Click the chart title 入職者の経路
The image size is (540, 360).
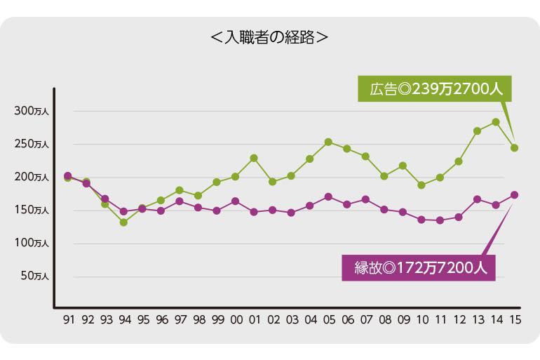tap(269, 36)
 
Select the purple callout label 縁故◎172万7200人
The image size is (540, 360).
tap(418, 267)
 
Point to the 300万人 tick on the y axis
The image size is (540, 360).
tap(32, 111)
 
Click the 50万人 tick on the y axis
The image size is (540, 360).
tap(34, 276)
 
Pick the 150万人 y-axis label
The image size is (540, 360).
tap(32, 210)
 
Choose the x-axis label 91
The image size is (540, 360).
tap(68, 319)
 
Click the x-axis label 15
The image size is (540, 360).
tap(514, 319)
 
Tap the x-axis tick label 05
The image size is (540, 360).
tap(328, 319)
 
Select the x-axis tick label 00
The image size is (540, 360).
tap(236, 319)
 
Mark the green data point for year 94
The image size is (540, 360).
tap(123, 222)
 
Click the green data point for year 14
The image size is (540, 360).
tap(496, 122)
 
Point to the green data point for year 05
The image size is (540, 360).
tap(328, 142)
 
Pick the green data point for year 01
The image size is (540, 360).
tap(254, 158)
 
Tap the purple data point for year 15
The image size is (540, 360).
tap(514, 194)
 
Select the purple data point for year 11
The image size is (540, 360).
tap(440, 220)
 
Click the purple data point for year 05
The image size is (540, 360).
tap(328, 196)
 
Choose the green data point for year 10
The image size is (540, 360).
tap(421, 185)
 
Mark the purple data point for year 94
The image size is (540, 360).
tap(123, 211)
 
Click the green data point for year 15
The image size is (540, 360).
tap(514, 148)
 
